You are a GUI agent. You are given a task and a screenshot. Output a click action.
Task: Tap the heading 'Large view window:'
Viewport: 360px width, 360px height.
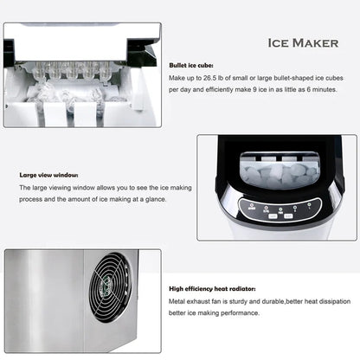(48, 175)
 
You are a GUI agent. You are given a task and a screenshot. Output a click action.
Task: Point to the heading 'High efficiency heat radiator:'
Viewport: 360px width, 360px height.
(213, 288)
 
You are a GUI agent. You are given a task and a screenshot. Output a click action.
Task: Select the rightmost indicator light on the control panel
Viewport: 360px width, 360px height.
(310, 206)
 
